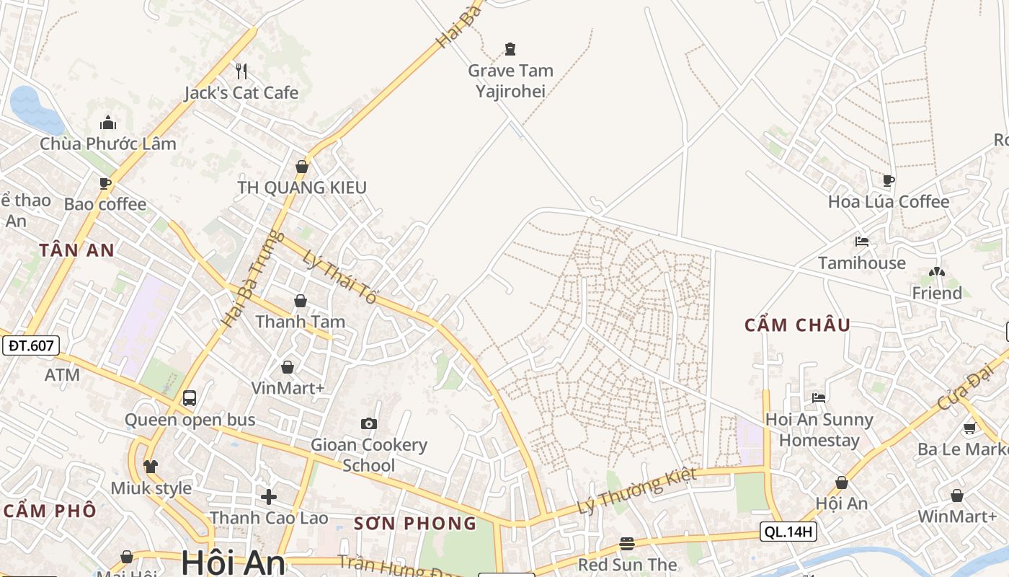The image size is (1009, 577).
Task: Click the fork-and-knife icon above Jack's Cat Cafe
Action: point(241,71)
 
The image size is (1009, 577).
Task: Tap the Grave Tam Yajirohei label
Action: point(510,81)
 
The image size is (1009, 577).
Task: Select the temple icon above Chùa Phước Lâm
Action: point(108,122)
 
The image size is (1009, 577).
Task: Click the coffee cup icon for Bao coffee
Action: point(105,183)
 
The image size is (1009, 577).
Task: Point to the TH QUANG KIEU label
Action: point(302,188)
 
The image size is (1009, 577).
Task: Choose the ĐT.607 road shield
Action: point(30,345)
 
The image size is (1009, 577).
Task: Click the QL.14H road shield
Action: point(788,532)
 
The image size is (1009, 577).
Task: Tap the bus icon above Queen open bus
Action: point(190,397)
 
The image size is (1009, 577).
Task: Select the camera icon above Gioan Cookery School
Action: point(369,423)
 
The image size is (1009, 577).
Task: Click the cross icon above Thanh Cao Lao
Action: point(269,496)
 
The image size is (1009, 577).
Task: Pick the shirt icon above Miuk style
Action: point(151,466)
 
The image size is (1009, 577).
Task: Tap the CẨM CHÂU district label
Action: point(797,325)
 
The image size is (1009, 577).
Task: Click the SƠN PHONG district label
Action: point(415,524)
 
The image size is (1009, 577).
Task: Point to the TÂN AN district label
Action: point(77,250)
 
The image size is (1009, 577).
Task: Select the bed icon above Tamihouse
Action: point(862,241)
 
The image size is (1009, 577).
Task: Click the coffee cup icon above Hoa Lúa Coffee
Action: point(889,180)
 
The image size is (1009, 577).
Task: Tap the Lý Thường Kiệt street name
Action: point(637,490)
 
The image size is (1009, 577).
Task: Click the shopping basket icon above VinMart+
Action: point(288,367)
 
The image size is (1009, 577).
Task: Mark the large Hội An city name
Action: point(233,563)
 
